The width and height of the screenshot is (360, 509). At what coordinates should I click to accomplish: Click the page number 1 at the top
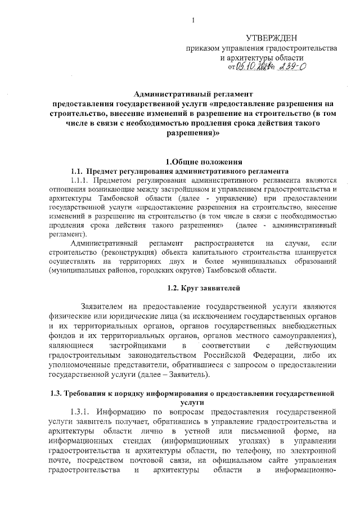click(x=192, y=21)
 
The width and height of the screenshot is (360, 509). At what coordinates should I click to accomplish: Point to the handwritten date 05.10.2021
click(x=255, y=67)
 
